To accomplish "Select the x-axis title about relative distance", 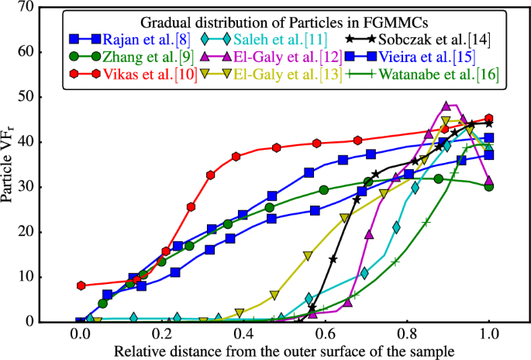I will point(284,351).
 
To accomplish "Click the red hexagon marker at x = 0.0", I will point(81,286).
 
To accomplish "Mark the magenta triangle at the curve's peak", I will point(447,106).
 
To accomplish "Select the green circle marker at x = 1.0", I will point(488,186).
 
